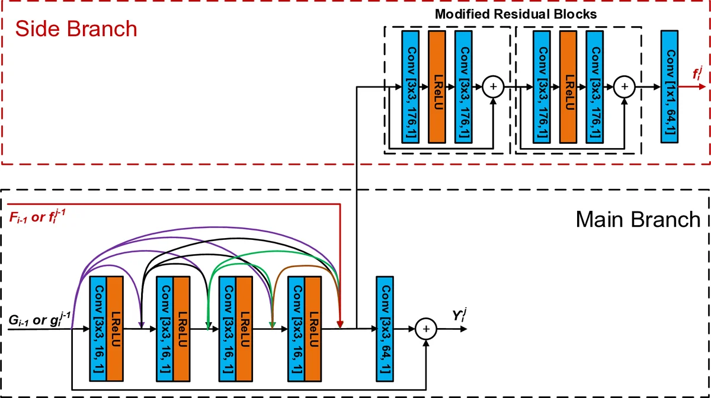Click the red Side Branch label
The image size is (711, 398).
(x=76, y=28)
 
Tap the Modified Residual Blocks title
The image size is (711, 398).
(x=515, y=13)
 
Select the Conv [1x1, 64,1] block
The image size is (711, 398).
(x=669, y=86)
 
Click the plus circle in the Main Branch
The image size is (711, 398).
(x=425, y=329)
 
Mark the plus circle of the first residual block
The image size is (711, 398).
(x=492, y=87)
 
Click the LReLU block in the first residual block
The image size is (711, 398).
(x=436, y=86)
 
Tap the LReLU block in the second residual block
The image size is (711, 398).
(x=567, y=86)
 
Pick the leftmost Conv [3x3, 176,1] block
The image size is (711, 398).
(x=409, y=86)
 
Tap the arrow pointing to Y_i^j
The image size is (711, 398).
(x=450, y=329)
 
